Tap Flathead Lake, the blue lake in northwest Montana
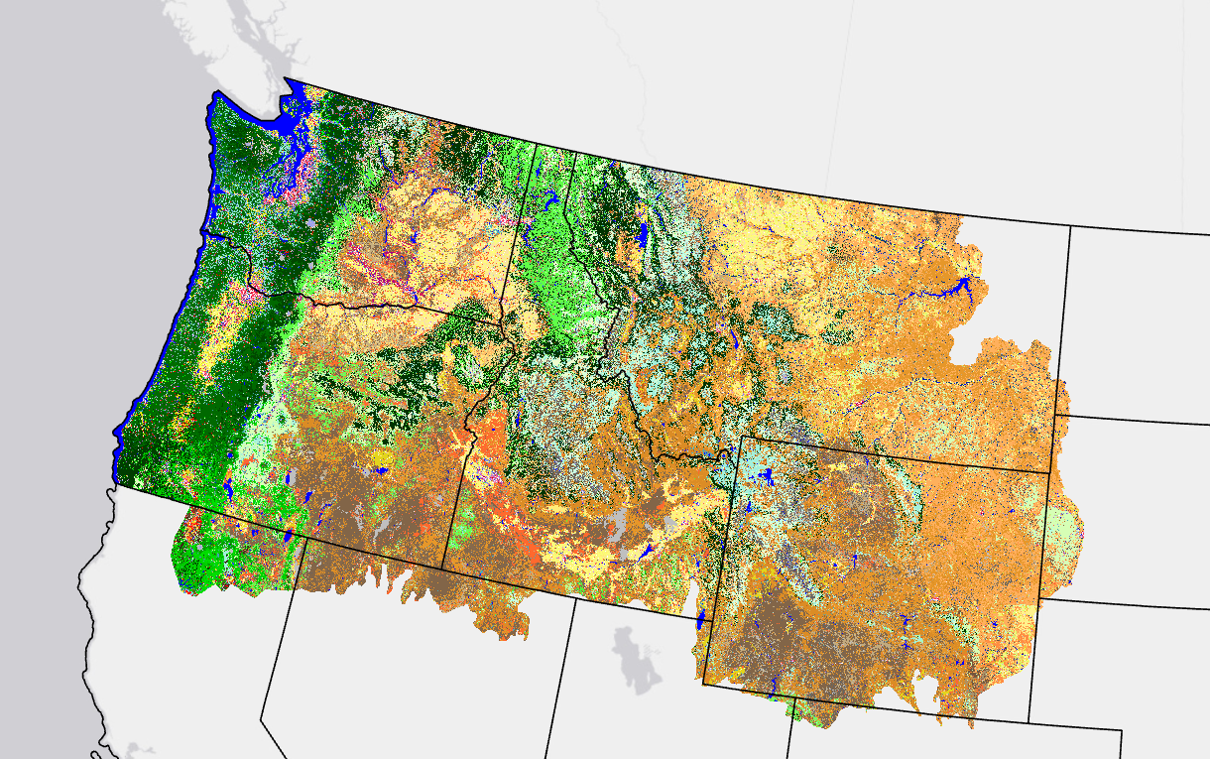[642, 235]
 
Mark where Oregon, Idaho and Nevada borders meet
[442, 569]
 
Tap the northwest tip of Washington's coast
[214, 96]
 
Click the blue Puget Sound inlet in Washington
[287, 129]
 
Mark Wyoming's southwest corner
[703, 684]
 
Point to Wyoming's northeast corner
[1049, 472]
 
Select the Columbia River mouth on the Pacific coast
[204, 233]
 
